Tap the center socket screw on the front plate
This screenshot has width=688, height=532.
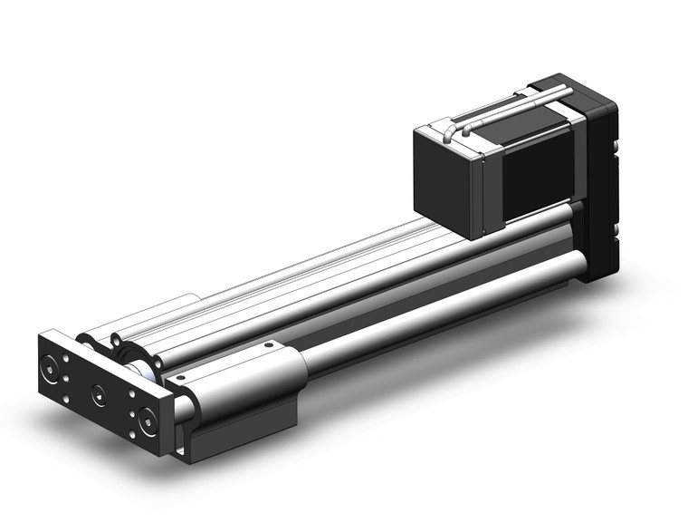[98, 394]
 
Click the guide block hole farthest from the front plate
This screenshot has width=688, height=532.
[268, 345]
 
